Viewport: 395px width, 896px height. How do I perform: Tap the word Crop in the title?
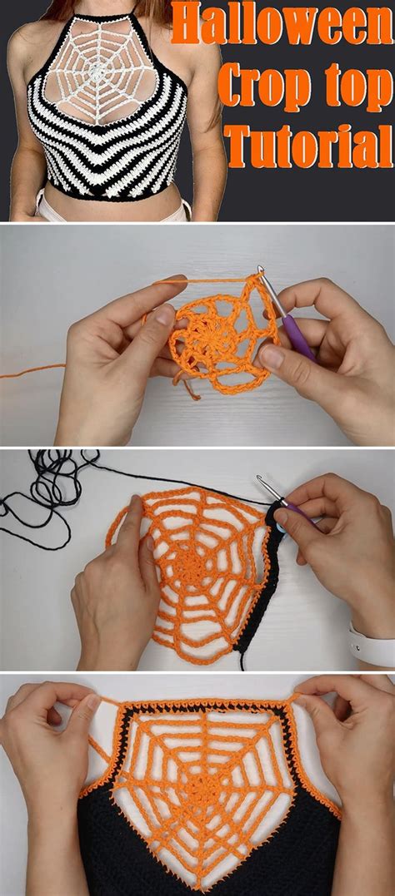(x=257, y=88)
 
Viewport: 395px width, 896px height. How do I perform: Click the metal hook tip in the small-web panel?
(x=261, y=270)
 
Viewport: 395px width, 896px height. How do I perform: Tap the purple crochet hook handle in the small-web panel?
(x=299, y=337)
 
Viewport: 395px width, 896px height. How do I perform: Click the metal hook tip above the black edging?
(x=261, y=479)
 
